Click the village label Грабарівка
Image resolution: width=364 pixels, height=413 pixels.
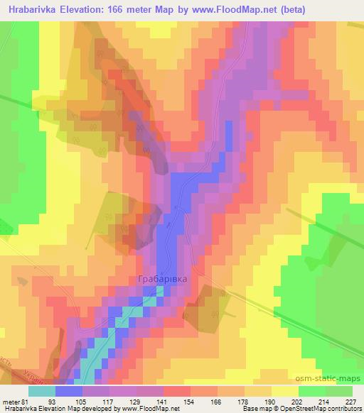click(x=162, y=280)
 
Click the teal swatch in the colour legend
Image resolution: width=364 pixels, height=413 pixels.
click(x=41, y=390)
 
